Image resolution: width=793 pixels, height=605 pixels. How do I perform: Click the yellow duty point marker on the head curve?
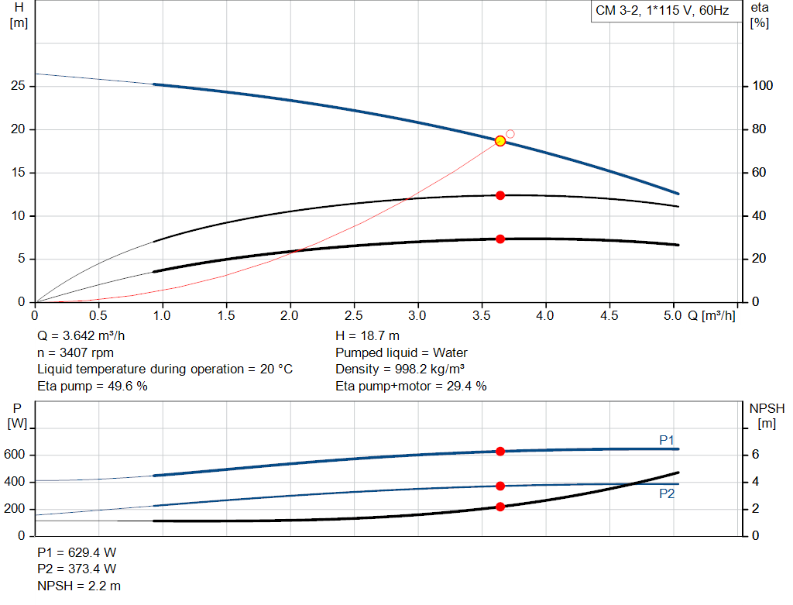coord(500,141)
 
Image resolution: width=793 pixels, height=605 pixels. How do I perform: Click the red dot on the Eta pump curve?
coord(500,195)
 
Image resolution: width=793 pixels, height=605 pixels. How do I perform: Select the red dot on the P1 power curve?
coord(500,451)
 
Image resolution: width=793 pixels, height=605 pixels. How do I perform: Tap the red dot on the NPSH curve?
coord(500,507)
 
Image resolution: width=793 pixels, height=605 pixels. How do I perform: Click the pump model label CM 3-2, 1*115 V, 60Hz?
coord(662,12)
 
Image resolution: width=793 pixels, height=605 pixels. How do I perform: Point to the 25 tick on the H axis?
coord(21,86)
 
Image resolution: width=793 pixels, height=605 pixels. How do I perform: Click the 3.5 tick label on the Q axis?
coord(482,316)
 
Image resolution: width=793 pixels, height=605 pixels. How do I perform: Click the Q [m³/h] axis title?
coord(712,316)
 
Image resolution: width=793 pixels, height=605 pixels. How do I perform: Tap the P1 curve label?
coord(667,440)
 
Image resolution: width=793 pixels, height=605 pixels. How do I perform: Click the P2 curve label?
coord(667,493)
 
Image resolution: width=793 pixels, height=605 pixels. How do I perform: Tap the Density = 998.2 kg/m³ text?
coord(400,370)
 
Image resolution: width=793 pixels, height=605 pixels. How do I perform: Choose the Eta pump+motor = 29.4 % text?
coord(410,386)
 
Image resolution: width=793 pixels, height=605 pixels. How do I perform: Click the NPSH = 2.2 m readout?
coord(79,586)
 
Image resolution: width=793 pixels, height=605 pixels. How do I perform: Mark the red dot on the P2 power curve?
coord(500,486)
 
